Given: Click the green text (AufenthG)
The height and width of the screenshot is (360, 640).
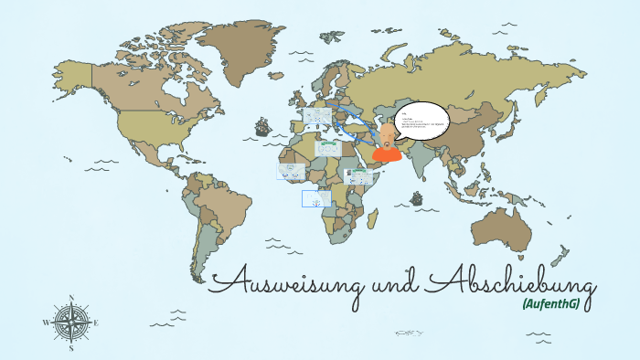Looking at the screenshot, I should pyautogui.click(x=551, y=303).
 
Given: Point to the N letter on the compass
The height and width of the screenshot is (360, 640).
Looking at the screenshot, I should pyautogui.click(x=71, y=298).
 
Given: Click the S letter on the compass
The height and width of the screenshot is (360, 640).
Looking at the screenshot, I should pyautogui.click(x=71, y=348).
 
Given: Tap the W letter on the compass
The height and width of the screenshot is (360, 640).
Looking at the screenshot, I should pyautogui.click(x=46, y=323).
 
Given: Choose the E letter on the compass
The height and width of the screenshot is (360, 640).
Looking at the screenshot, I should pyautogui.click(x=96, y=323).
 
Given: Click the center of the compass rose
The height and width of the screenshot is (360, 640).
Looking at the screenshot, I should pyautogui.click(x=71, y=323).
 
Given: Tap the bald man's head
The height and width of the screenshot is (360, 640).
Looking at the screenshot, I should pyautogui.click(x=387, y=134).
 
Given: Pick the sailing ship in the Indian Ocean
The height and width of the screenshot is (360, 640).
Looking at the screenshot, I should pyautogui.click(x=417, y=197).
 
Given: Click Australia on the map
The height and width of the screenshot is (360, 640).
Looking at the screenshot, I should pyautogui.click(x=504, y=228).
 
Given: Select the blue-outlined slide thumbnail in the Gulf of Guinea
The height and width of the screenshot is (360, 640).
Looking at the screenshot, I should pyautogui.click(x=316, y=198).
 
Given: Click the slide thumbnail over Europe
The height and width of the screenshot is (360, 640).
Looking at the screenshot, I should pyautogui.click(x=316, y=117).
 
